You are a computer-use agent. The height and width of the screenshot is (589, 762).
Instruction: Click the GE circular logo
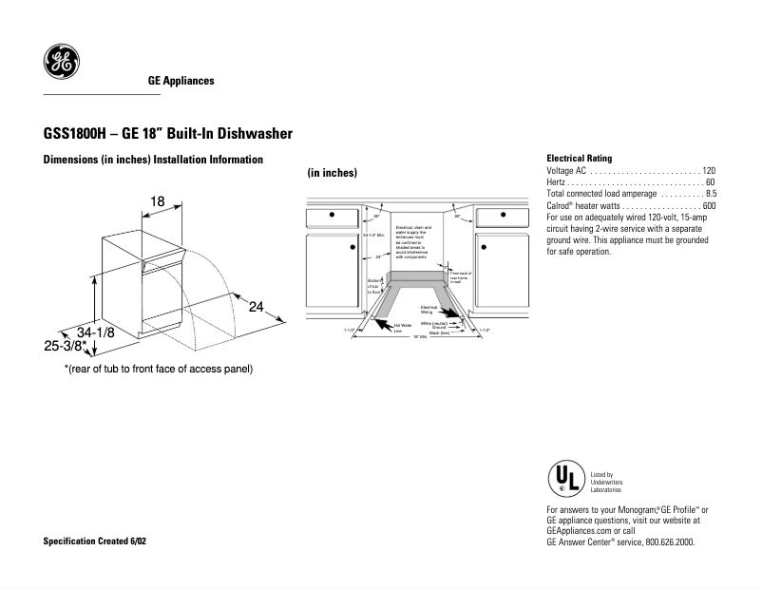click(61, 63)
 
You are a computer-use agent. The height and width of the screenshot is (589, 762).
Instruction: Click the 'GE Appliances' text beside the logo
click(181, 81)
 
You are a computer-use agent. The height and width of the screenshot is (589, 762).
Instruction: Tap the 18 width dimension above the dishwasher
click(159, 200)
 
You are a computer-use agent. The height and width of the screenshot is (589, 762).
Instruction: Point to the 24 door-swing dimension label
click(256, 307)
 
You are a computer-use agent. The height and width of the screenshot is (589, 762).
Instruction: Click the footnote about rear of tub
click(158, 368)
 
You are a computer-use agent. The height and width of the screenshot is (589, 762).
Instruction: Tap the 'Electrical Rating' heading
click(580, 158)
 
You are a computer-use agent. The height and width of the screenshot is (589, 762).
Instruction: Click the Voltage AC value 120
click(709, 170)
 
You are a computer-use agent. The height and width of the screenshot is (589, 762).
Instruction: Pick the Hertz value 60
click(711, 181)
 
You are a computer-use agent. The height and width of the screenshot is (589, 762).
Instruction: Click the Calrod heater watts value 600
click(709, 206)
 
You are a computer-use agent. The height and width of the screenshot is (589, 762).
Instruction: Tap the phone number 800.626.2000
click(670, 541)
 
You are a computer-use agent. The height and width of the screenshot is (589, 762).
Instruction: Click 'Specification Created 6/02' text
click(95, 541)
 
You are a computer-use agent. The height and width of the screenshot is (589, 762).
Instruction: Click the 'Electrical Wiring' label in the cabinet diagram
click(428, 310)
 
